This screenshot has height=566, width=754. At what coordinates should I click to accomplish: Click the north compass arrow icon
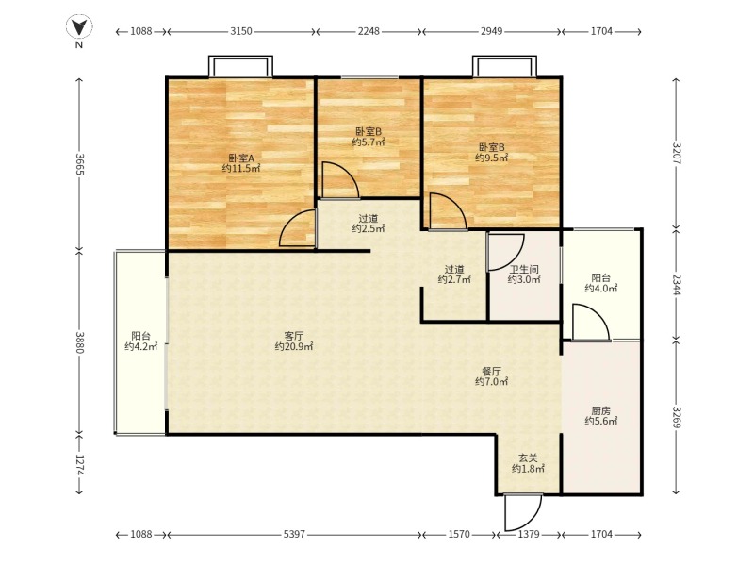[x=79, y=27]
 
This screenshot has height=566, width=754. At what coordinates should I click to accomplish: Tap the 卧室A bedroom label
[x=241, y=158]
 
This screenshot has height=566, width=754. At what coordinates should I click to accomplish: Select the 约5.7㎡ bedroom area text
[x=369, y=142]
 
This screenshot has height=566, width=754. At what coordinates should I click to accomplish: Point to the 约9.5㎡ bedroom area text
[x=491, y=158]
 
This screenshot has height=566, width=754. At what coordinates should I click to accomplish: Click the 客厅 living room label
[x=294, y=336]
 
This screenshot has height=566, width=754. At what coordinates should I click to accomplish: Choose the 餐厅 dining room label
[x=491, y=371]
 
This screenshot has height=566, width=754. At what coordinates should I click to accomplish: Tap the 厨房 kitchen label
[x=601, y=410]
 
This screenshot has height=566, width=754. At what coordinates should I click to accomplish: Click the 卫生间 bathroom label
[x=524, y=269]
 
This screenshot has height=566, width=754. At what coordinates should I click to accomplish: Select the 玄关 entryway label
[x=528, y=458]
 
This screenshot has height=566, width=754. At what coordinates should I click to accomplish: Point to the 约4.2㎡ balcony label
[x=140, y=346]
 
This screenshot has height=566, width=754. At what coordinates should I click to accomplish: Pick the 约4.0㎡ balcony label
[x=601, y=289]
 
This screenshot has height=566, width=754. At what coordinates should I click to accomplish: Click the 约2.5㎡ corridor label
[x=369, y=228]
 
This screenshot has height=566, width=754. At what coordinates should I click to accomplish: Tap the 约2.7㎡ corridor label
[x=454, y=279]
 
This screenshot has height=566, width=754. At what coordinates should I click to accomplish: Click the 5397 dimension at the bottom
[x=294, y=534]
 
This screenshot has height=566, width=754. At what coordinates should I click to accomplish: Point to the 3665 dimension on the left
[x=80, y=164]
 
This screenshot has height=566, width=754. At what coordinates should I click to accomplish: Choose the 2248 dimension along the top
[x=369, y=31]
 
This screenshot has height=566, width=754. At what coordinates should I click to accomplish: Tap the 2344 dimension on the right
[x=676, y=285]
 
